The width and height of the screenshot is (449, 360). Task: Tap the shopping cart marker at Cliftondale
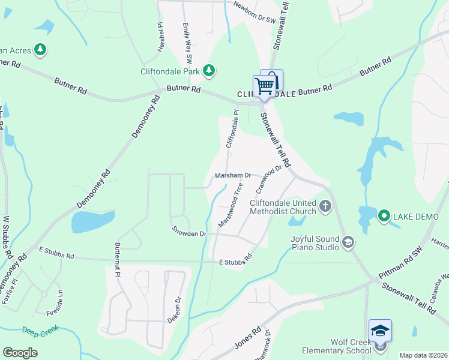pyautogui.click(x=265, y=86)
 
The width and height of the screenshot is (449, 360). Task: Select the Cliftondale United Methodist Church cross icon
pyautogui.click(x=325, y=206)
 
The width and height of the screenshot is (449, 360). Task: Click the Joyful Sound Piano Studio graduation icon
pyautogui.click(x=348, y=242)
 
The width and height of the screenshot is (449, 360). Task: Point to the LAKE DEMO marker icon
pyautogui.click(x=382, y=215)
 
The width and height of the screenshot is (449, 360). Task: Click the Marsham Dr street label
pyautogui.click(x=232, y=175)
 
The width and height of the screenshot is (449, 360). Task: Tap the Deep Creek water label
pyautogui.click(x=39, y=331)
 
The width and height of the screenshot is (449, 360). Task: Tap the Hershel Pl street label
pyautogui.click(x=160, y=38)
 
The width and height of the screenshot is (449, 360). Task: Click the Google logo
pyautogui.click(x=20, y=353)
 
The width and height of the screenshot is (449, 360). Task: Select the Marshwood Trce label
pyautogui.click(x=231, y=204)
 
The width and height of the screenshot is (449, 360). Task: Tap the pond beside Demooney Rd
pyautogui.click(x=92, y=221)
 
